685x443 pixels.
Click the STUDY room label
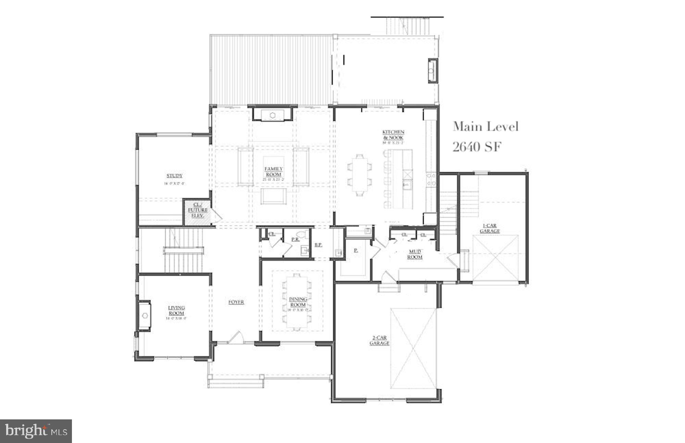pyautogui.click(x=174, y=176)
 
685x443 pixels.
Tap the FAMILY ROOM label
pyautogui.click(x=273, y=171)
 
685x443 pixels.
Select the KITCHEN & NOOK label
pyautogui.click(x=393, y=135)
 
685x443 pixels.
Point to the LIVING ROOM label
pyautogui.click(x=176, y=311)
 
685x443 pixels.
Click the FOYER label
pyautogui.click(x=236, y=302)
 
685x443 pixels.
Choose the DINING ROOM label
pyautogui.click(x=298, y=302)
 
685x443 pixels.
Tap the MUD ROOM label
pyautogui.click(x=415, y=254)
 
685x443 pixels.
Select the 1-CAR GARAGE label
pyautogui.click(x=489, y=228)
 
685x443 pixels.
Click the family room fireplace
pyautogui.click(x=273, y=115)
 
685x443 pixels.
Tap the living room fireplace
pyautogui.click(x=145, y=315)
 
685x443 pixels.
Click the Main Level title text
pyautogui.click(x=486, y=127)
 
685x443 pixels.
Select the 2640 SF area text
pyautogui.click(x=477, y=147)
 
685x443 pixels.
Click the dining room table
pyautogui.click(x=297, y=301)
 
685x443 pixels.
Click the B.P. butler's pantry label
pyautogui.click(x=318, y=245)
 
